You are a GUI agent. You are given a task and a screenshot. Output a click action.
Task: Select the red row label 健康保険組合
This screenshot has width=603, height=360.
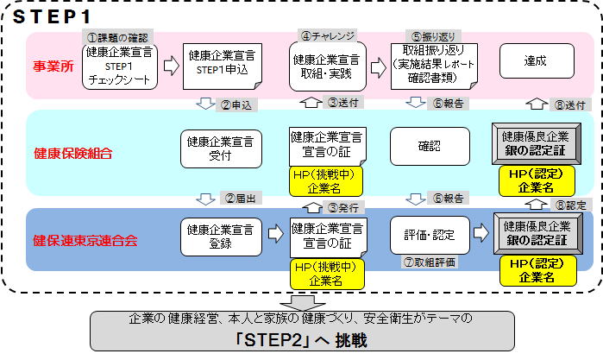pyautogui.click(x=72, y=153)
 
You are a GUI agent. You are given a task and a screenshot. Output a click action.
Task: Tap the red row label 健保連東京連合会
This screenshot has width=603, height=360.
pyautogui.click(x=85, y=239)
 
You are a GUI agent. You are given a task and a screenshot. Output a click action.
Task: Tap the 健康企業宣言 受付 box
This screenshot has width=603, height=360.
pyautogui.click(x=221, y=148)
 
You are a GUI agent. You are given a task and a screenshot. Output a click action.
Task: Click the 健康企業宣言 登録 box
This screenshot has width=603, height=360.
pyautogui.click(x=221, y=234)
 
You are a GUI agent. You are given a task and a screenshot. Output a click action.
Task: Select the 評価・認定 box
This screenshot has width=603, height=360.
pyautogui.click(x=429, y=233)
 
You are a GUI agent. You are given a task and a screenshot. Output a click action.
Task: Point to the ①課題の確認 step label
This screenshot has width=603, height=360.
pyautogui.click(x=117, y=37)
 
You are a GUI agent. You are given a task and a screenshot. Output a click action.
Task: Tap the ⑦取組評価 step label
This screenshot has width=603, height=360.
pyautogui.click(x=429, y=261)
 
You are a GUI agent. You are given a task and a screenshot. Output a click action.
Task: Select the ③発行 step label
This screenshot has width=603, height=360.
pyautogui.click(x=342, y=208)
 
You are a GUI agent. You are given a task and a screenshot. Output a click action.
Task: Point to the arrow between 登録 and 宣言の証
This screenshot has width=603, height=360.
pyautogui.click(x=275, y=233)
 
